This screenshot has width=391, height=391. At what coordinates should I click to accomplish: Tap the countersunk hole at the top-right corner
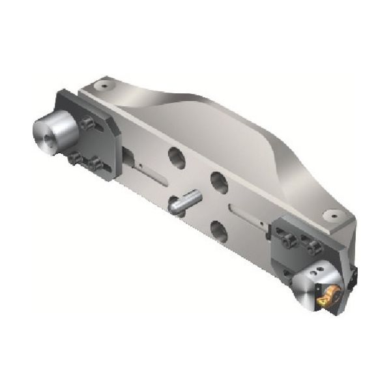tap(333, 213)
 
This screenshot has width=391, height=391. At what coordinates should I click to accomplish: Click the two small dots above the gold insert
tap(319, 268)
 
